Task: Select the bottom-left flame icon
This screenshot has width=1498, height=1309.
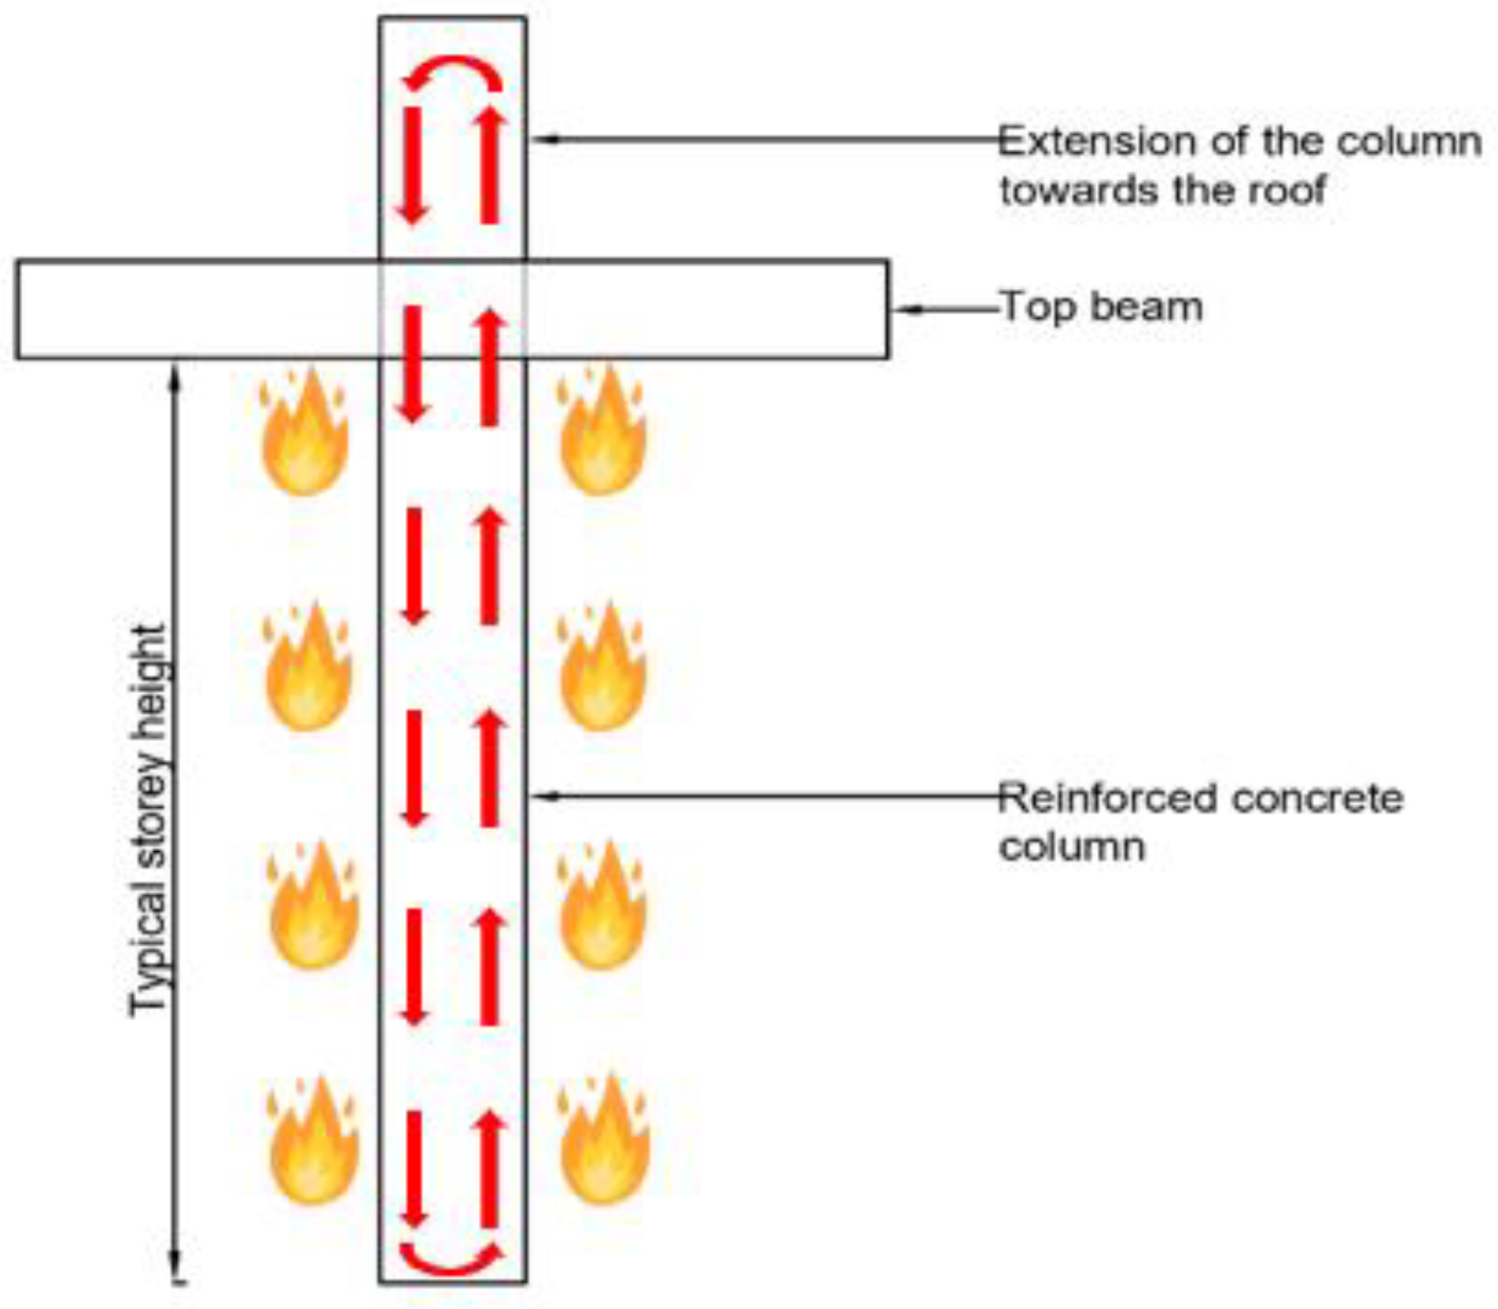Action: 313,1141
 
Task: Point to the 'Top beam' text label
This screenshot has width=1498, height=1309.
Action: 1101,307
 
